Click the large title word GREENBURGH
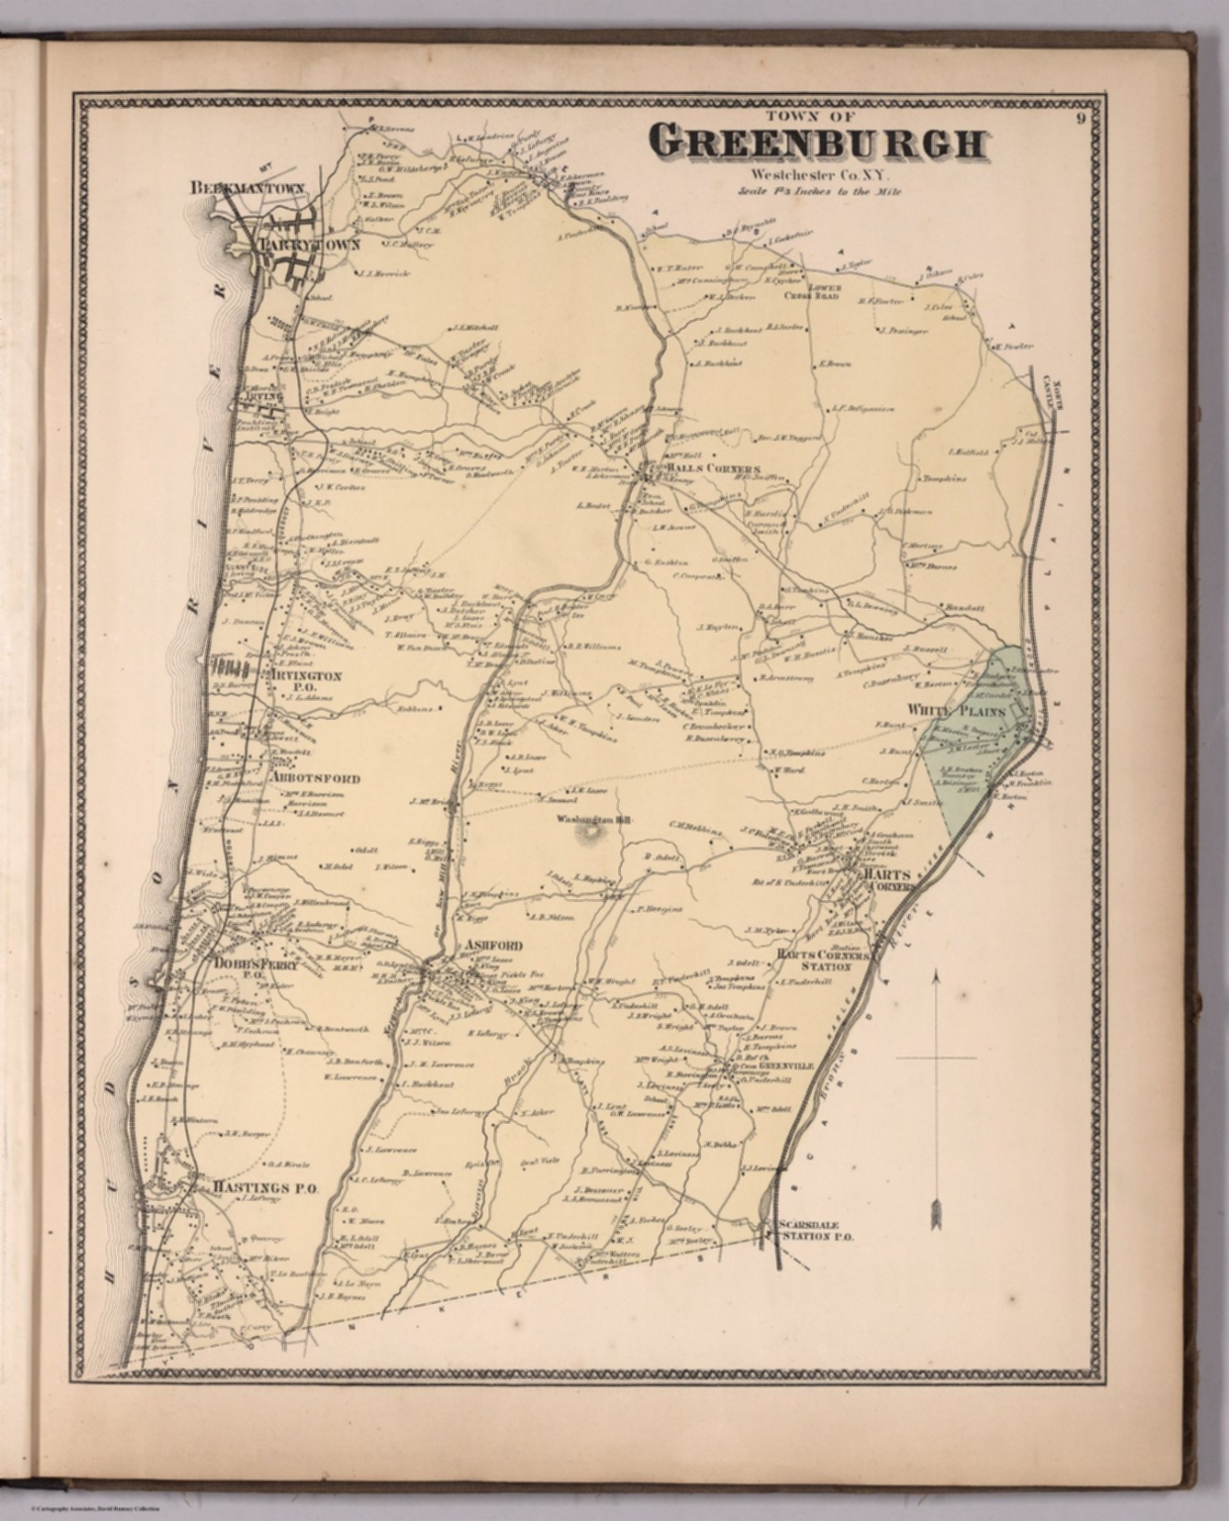tap(821, 144)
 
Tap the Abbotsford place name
tap(314, 778)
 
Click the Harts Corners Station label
tap(822, 961)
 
